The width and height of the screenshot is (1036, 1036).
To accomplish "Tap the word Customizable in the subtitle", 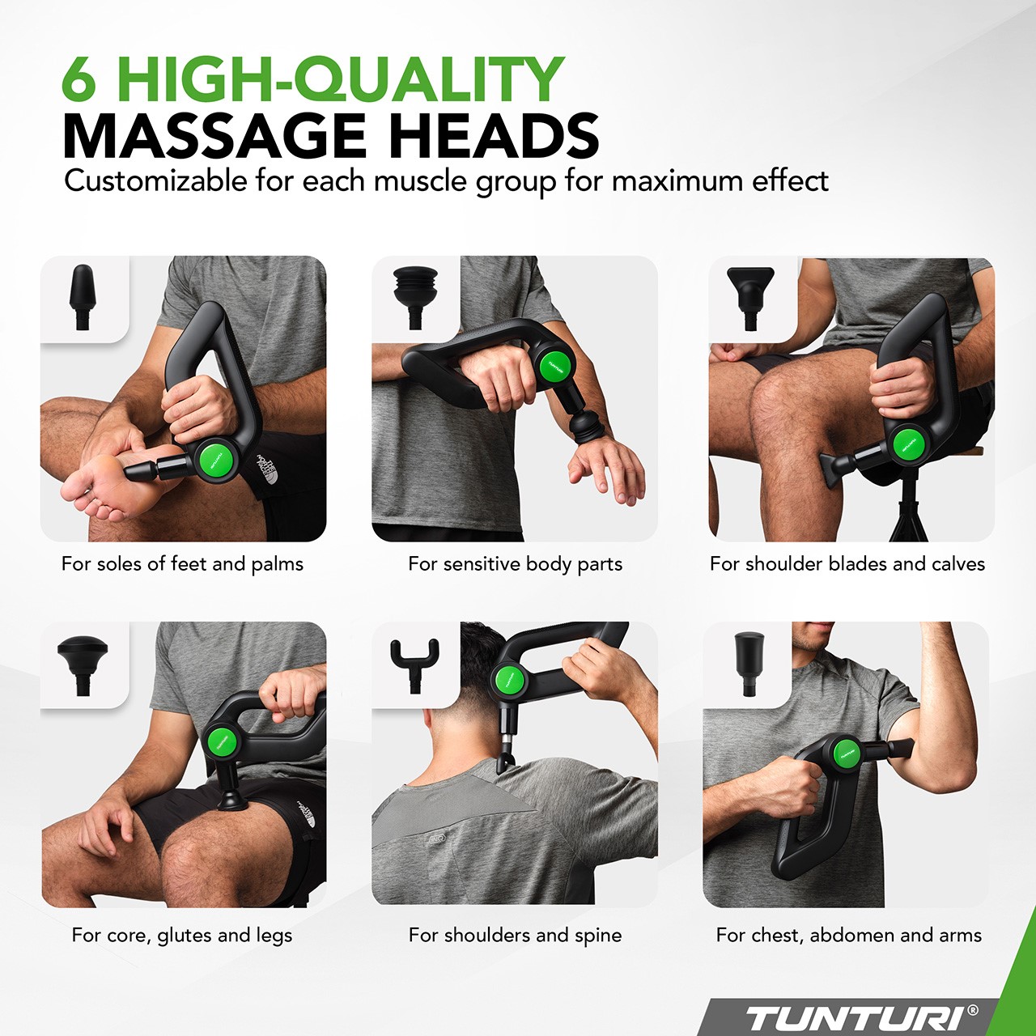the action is (155, 182).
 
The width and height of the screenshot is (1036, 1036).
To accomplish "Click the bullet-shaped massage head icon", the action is (83, 296).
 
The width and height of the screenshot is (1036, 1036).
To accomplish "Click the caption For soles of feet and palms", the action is (182, 564).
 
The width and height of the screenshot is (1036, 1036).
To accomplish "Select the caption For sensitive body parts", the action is (515, 564).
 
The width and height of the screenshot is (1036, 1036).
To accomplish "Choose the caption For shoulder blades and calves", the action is (847, 563).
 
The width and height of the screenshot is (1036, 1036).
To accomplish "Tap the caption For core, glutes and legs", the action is (182, 936).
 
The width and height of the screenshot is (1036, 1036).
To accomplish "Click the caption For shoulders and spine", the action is (515, 936).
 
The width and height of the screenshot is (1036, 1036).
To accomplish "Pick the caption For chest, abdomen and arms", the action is (849, 936).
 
